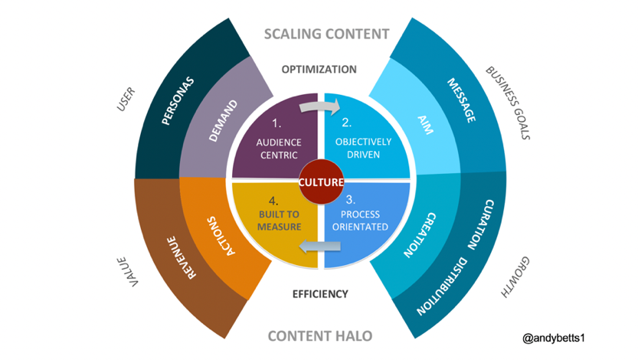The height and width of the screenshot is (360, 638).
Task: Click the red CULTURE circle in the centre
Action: point(321,182)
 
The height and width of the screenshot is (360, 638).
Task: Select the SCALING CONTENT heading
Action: point(326,34)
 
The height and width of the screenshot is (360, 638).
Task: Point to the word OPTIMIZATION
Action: point(319,69)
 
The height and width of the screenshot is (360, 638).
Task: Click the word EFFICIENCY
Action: point(321,293)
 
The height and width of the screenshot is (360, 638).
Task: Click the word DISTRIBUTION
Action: point(443,284)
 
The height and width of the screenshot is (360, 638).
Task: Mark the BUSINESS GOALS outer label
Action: point(510,103)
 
